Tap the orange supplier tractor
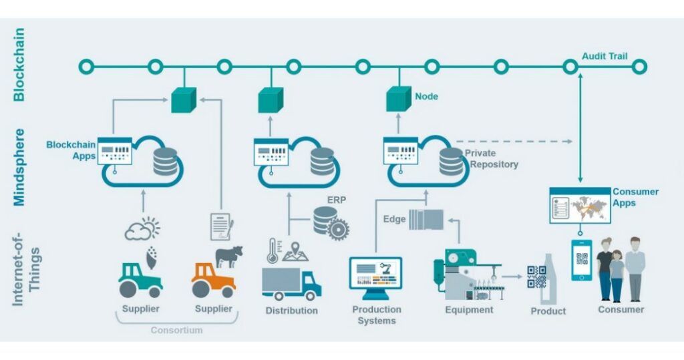click(213, 279)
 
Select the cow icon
click(229, 256)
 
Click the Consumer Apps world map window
click(579, 206)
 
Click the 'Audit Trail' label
click(604, 56)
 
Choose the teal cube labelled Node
click(398, 99)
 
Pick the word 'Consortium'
click(176, 330)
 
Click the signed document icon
click(220, 226)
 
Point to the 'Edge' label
click(394, 219)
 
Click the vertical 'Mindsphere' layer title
click(19, 167)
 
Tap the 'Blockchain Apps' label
click(71, 150)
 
